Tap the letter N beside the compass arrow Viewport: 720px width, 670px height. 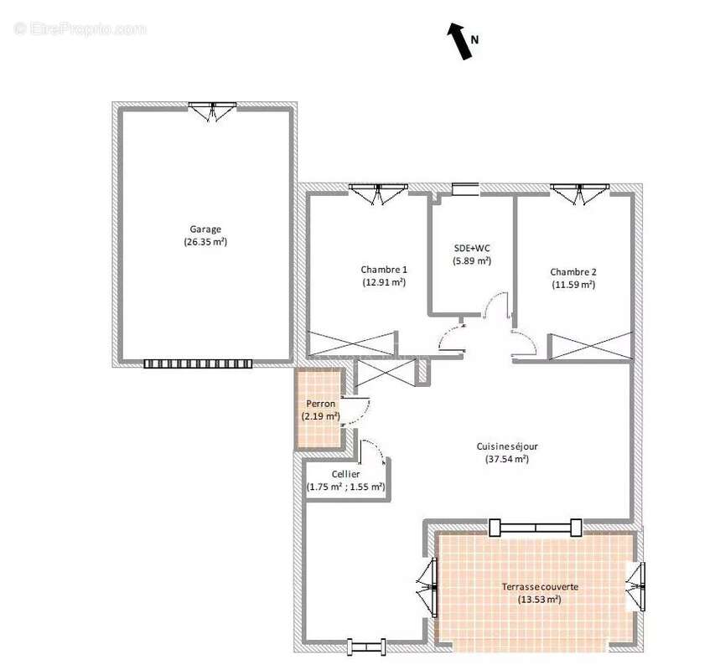coord(474,39)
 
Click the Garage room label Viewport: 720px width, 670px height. coord(205,229)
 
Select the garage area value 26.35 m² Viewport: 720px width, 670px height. coord(205,242)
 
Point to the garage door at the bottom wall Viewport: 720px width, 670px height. coord(198,363)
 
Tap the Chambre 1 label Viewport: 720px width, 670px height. coord(384,269)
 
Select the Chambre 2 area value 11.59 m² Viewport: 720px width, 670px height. coord(573,285)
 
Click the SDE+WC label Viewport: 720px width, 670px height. coord(472,248)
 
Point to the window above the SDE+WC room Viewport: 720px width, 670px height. coord(464,189)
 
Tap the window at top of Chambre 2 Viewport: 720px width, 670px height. coord(578,193)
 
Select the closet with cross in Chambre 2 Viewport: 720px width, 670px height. coord(591,346)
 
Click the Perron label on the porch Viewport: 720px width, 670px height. coord(321,403)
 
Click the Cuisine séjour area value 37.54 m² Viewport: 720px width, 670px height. coord(507,459)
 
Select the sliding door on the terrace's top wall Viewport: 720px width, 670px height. coord(535,527)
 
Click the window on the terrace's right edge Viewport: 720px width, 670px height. coord(639,586)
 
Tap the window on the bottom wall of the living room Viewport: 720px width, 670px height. coord(366,646)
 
